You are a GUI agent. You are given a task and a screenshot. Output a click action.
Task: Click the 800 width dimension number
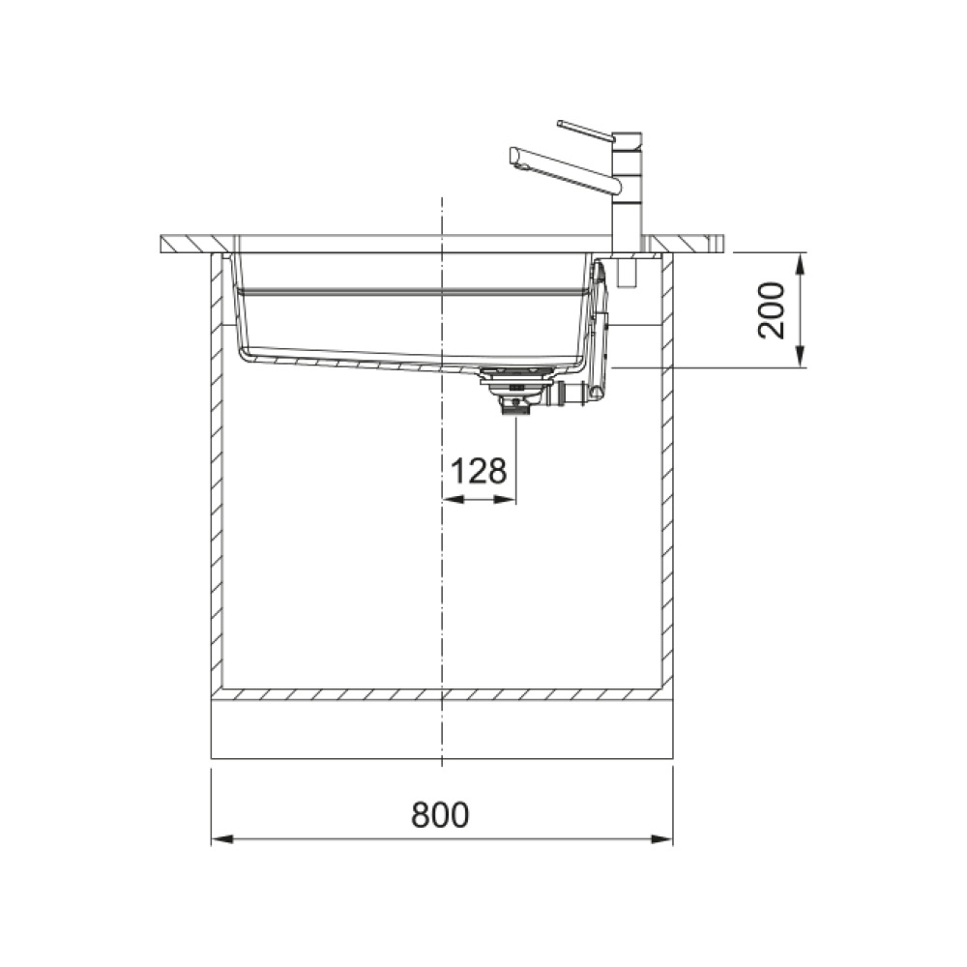point(440,814)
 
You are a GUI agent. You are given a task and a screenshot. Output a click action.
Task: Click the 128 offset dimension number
point(479,471)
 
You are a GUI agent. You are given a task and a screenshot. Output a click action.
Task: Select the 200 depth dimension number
point(772,310)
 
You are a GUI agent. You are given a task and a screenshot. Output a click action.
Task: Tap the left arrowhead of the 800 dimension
point(222,839)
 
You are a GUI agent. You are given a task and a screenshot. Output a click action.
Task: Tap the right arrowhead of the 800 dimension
point(661,839)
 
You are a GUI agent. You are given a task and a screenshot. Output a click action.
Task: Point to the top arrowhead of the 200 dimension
point(800,264)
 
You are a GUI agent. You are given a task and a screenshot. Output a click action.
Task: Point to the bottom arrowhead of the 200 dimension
point(800,357)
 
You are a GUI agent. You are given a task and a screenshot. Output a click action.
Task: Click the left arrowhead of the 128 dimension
point(454,500)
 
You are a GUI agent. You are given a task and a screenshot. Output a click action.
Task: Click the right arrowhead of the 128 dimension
point(505,500)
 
